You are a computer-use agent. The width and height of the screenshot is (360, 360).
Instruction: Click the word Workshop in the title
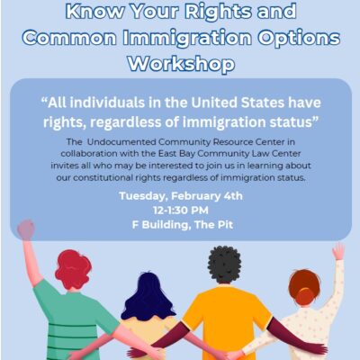(x=182, y=64)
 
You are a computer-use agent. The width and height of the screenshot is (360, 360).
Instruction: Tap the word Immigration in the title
(x=188, y=38)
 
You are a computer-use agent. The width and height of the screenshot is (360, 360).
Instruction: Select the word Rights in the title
(x=218, y=12)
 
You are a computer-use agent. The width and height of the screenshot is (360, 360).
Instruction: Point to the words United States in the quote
(x=238, y=103)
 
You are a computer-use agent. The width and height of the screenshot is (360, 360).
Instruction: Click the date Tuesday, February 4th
(x=181, y=196)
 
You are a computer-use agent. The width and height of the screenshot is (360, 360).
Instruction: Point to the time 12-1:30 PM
(x=181, y=211)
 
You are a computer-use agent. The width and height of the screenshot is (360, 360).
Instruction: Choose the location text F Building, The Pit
(x=183, y=225)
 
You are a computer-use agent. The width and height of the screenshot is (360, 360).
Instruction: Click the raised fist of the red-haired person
(x=26, y=229)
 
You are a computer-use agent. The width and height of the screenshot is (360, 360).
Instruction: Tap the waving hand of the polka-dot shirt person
(x=338, y=251)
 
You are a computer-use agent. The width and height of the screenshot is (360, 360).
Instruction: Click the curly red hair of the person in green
(x=73, y=270)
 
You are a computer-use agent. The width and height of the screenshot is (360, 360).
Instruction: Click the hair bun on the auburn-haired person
(x=305, y=294)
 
